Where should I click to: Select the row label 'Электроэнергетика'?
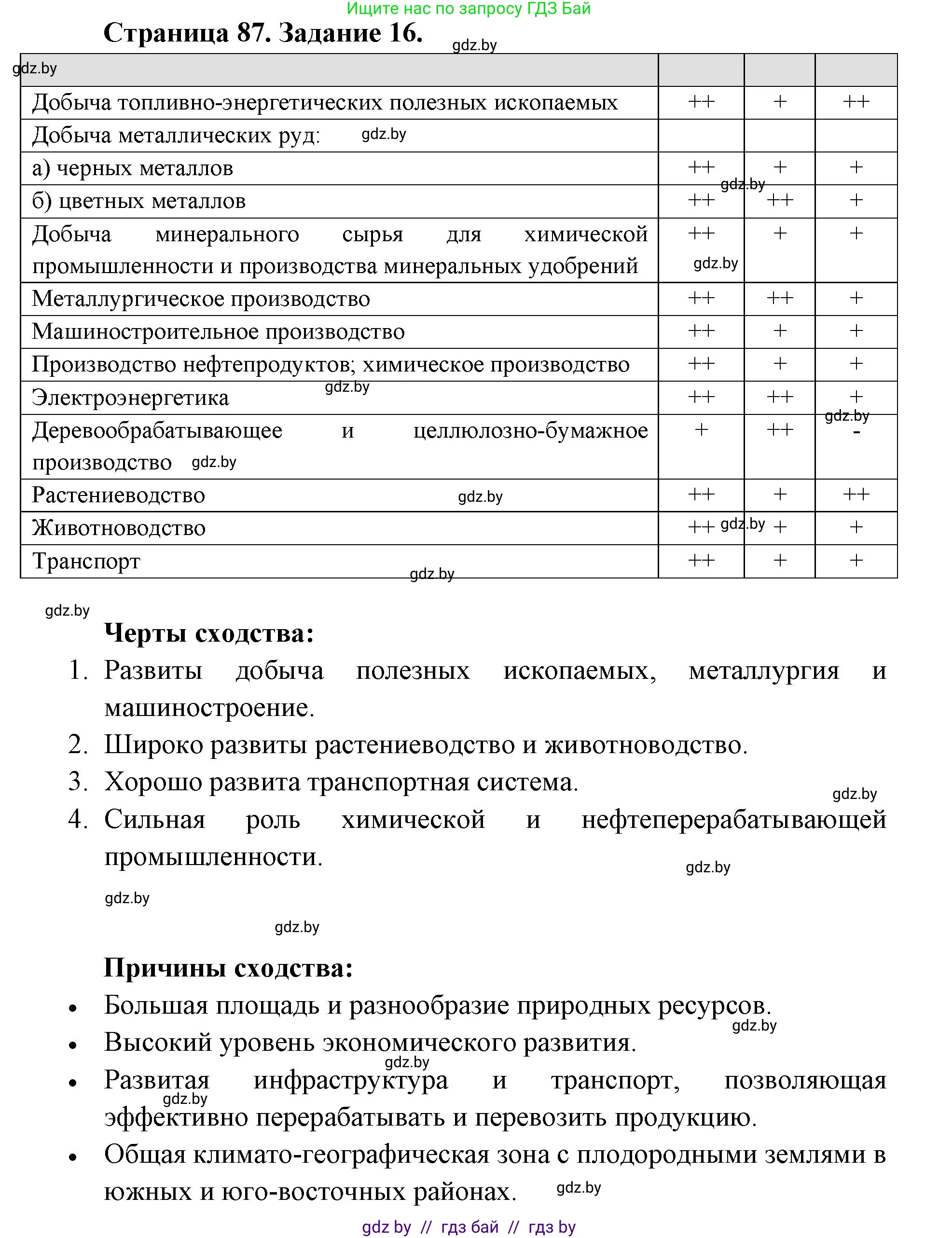130,398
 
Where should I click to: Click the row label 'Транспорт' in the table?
86,561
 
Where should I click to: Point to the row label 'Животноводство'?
119,528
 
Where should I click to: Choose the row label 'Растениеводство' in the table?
119,495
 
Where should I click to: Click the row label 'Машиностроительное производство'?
218,331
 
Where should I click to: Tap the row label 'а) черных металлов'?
133,168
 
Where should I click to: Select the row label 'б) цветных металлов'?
139,201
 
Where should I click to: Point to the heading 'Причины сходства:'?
228,968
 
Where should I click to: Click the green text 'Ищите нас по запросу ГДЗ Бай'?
469,8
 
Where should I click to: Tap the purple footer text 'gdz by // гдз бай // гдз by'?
469,1227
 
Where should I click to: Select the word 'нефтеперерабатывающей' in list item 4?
733,819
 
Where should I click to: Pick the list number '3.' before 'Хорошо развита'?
78,782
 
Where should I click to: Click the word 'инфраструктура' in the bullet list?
350,1080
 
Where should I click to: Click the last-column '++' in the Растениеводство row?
856,494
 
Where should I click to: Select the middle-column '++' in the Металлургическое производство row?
779,298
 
